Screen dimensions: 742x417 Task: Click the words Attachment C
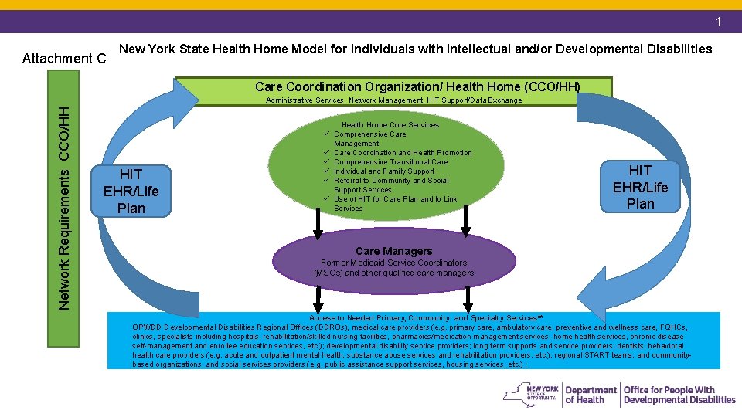(x=64, y=59)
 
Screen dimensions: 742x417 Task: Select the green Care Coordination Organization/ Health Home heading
(x=417, y=86)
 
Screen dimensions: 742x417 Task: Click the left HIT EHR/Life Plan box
(x=131, y=191)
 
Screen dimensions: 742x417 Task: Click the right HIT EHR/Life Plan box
(x=640, y=187)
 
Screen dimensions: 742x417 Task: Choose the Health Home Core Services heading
(x=390, y=125)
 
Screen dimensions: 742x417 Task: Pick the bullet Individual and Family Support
(x=384, y=171)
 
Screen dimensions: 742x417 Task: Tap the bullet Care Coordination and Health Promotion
(x=403, y=153)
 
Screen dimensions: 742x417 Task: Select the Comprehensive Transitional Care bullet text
(x=391, y=162)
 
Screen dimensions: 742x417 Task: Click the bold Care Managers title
(x=393, y=251)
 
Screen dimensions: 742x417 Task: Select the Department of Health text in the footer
(x=591, y=395)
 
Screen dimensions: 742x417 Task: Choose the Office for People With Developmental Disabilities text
(x=679, y=395)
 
